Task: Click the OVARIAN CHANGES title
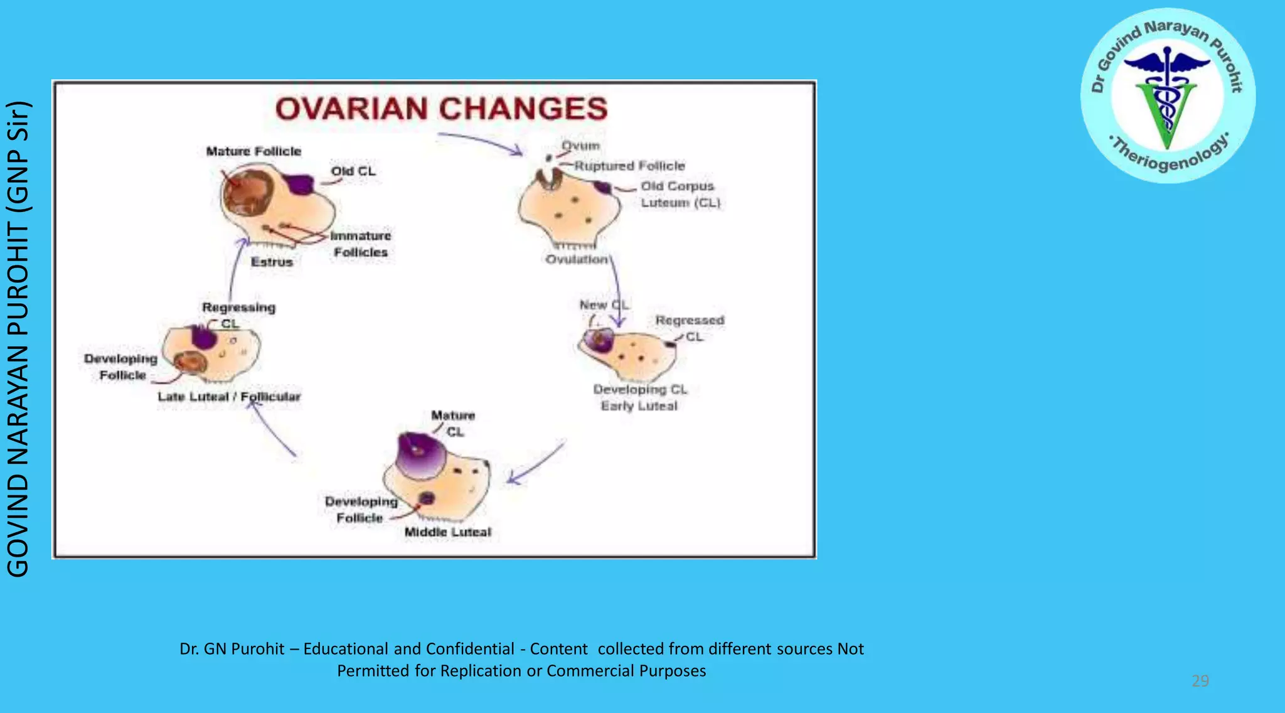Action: [x=441, y=109]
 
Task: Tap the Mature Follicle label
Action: [x=253, y=151]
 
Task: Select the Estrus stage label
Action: [x=272, y=262]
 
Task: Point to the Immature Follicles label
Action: [x=361, y=244]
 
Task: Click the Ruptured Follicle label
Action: [x=629, y=166]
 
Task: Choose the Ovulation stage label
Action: [x=577, y=259]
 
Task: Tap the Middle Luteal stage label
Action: [x=447, y=532]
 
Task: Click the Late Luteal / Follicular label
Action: [x=229, y=397]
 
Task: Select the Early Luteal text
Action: [x=639, y=406]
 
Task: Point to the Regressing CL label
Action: [x=238, y=314]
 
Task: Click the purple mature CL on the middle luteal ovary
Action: [x=419, y=455]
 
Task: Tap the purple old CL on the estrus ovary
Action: [x=300, y=183]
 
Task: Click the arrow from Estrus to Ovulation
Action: [x=480, y=142]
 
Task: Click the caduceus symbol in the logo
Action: [x=1167, y=94]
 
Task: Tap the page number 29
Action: [x=1200, y=681]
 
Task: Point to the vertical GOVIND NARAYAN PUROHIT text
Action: [x=18, y=339]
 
